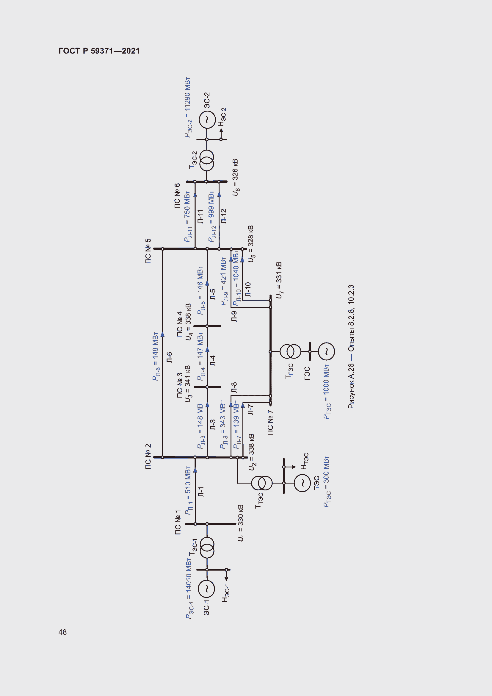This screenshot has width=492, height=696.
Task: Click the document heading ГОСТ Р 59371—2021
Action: pos(99,51)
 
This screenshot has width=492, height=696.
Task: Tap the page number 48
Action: pos(62,632)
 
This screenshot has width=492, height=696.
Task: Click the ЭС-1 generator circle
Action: pos(207,589)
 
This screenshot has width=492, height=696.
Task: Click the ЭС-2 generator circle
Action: pos(207,120)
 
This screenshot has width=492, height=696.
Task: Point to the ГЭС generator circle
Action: pos(326,351)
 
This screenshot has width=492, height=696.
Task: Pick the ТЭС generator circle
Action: pos(302,483)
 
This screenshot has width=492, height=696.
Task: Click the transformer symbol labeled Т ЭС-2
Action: pos(207,161)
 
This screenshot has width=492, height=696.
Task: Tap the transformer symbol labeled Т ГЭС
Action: pos(290,351)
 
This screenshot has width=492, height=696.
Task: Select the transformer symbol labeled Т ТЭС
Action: pos(262,483)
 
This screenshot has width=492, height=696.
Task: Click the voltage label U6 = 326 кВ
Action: pos(235,177)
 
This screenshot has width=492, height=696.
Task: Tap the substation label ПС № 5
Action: pos(148,251)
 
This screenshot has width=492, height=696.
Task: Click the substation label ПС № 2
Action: pos(148,457)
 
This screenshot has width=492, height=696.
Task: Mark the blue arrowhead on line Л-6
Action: pos(162,334)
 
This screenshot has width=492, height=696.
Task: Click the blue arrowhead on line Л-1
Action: pos(195,470)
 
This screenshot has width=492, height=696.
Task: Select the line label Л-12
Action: pos(224,216)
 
